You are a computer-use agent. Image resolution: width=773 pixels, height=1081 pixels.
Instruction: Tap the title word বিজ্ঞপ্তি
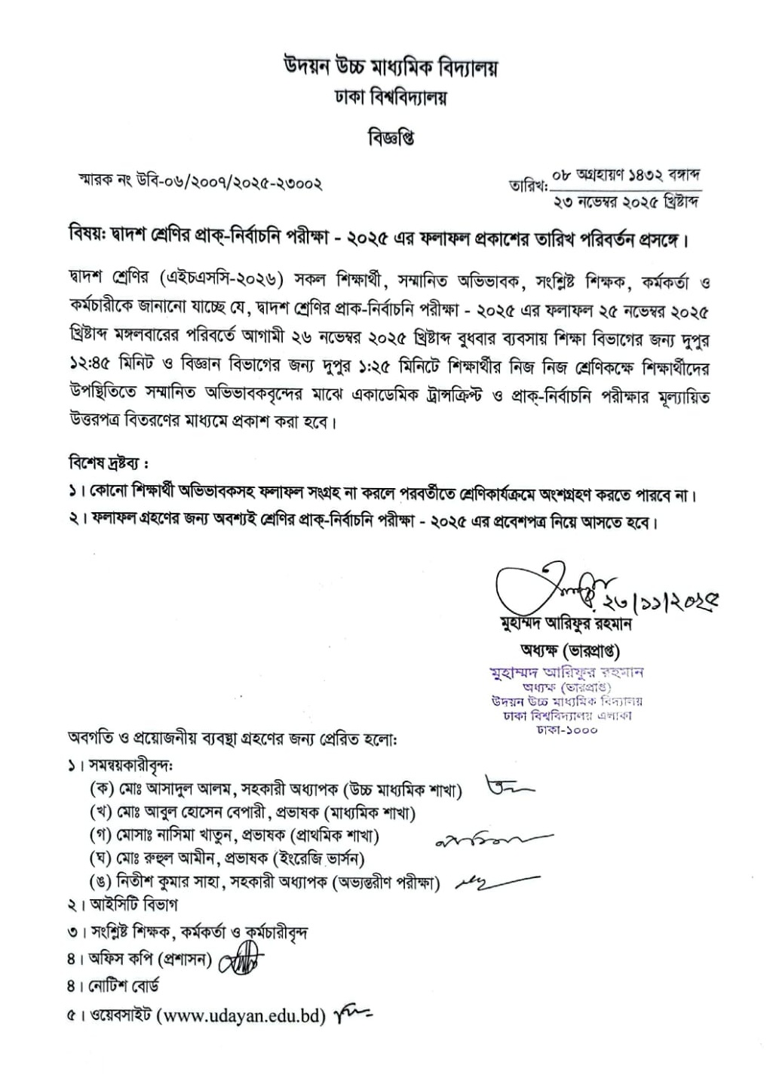pyautogui.click(x=391, y=139)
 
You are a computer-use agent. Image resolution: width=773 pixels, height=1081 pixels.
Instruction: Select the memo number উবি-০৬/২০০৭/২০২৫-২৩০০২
pyautogui.click(x=229, y=183)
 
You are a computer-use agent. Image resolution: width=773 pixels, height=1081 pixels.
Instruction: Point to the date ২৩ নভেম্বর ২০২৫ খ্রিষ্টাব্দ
pyautogui.click(x=627, y=202)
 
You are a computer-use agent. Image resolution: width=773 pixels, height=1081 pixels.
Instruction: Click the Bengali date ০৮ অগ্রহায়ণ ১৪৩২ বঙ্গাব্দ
pyautogui.click(x=627, y=177)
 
